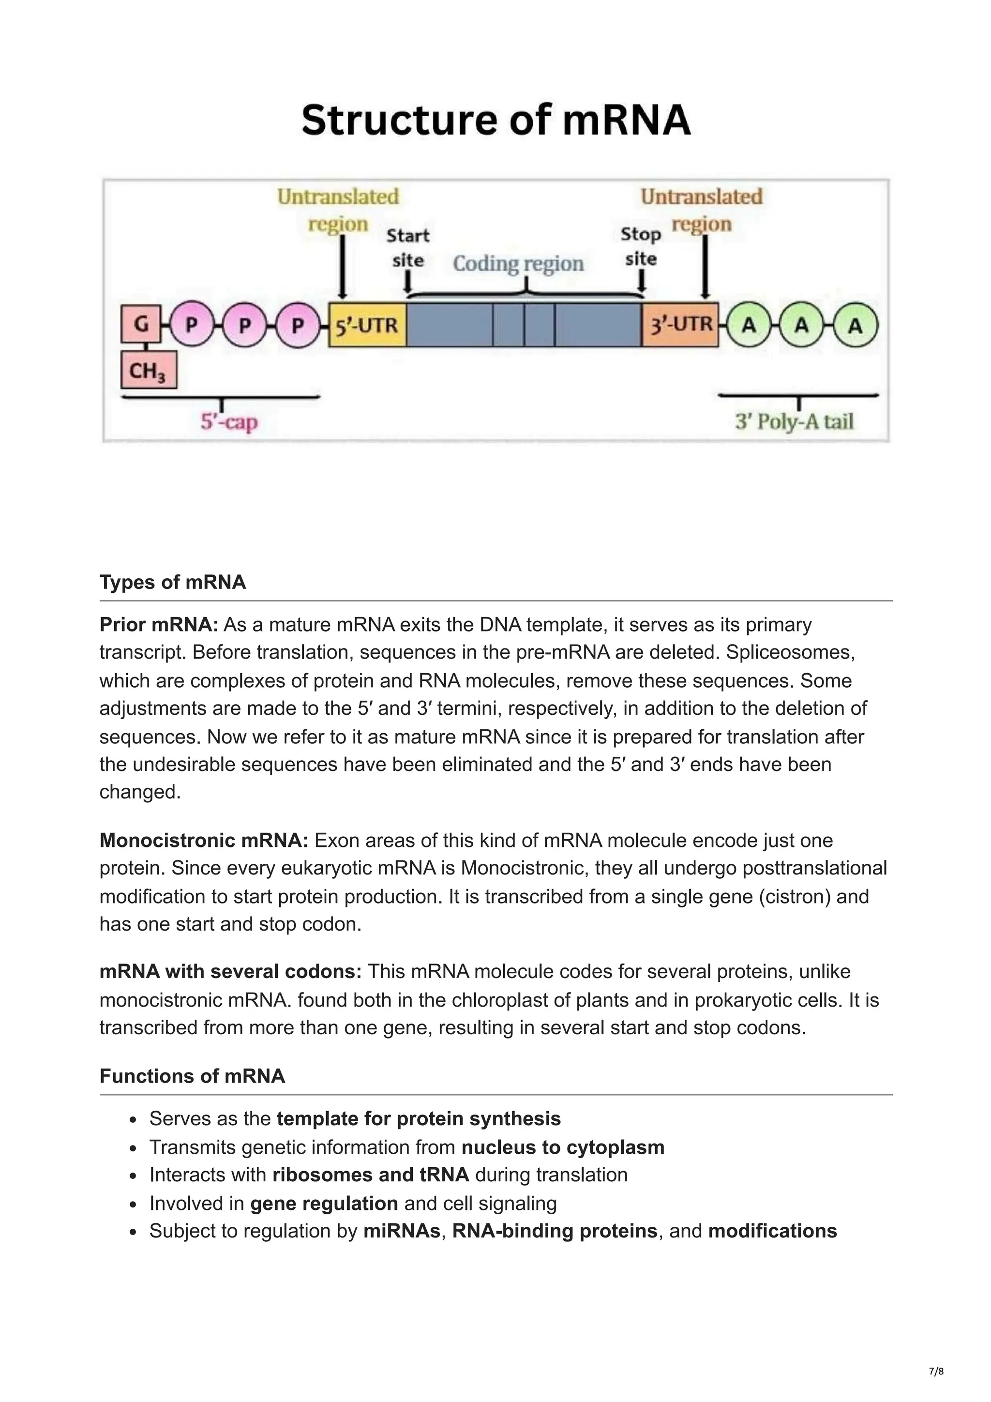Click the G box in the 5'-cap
[x=141, y=324]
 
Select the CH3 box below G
[x=149, y=370]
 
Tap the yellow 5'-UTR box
[x=367, y=325]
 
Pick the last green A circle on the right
[x=856, y=326]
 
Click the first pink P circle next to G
[x=191, y=324]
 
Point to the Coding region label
[x=518, y=263]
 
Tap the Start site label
[x=408, y=247]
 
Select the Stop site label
[x=641, y=246]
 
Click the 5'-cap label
[x=229, y=422]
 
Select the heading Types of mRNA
[x=173, y=582]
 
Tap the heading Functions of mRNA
[x=192, y=1076]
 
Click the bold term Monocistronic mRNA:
[x=204, y=840]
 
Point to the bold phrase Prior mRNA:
[x=159, y=625]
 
